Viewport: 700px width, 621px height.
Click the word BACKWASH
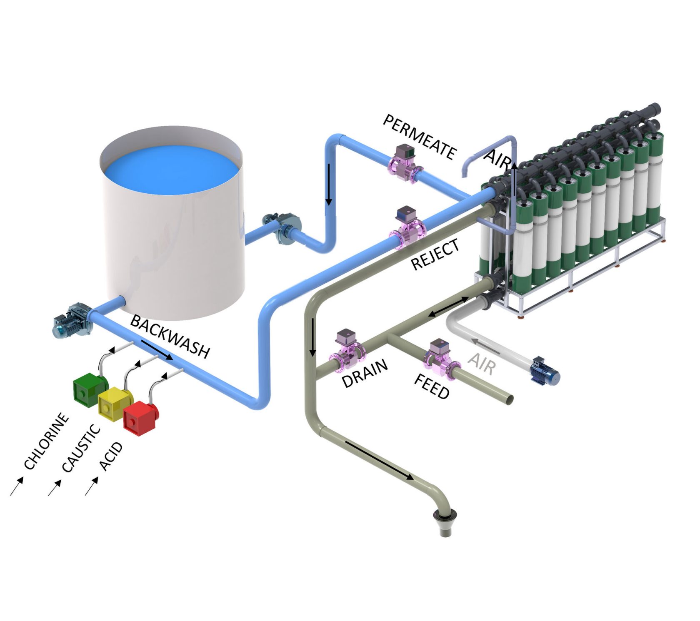click(x=170, y=337)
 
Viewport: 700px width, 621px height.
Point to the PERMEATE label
click(x=419, y=137)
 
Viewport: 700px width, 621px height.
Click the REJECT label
click(x=435, y=254)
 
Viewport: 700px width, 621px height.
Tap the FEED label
click(x=432, y=386)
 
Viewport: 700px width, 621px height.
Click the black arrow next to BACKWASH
click(x=157, y=349)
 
